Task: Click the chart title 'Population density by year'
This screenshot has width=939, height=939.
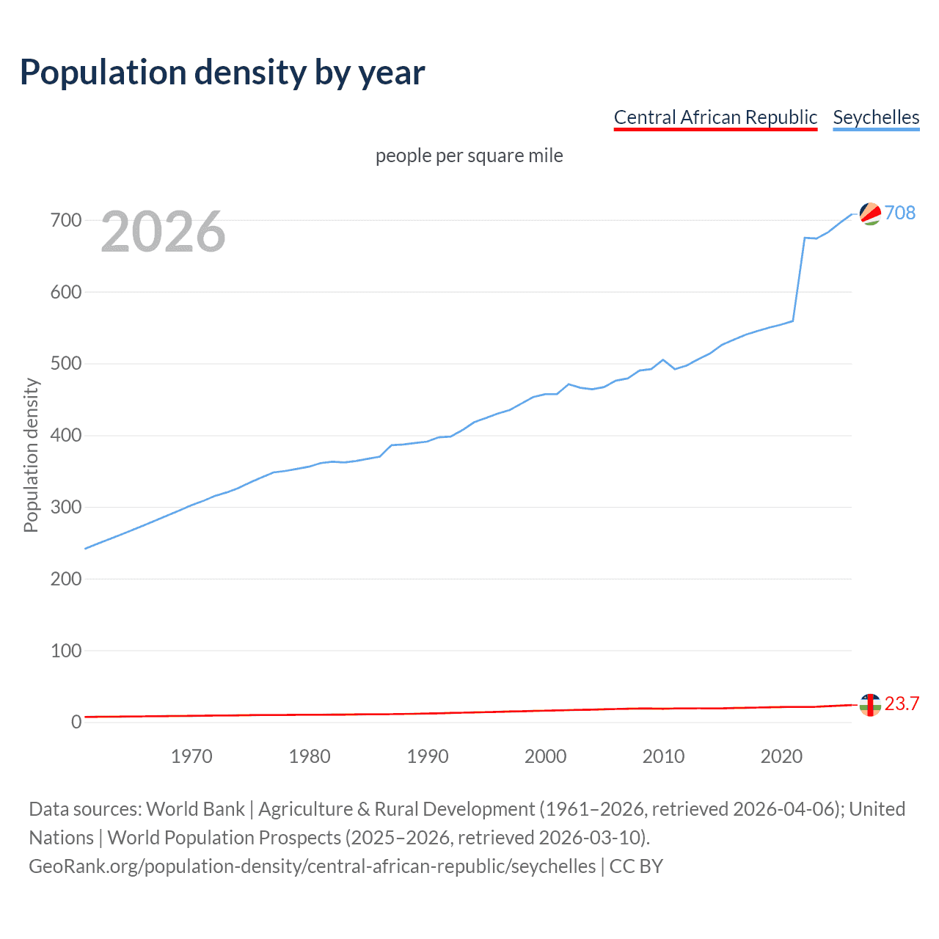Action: [222, 73]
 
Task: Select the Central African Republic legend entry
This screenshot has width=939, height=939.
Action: [715, 117]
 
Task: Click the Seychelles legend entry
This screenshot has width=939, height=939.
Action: [876, 117]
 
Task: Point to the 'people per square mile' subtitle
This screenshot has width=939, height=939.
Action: [469, 156]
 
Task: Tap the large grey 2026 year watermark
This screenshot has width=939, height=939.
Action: [163, 232]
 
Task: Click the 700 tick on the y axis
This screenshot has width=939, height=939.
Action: [66, 220]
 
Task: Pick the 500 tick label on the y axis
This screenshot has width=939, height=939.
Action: [66, 364]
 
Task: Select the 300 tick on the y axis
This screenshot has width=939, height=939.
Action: [66, 507]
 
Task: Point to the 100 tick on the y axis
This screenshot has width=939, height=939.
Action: [66, 651]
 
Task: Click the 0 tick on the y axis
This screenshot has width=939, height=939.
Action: [76, 722]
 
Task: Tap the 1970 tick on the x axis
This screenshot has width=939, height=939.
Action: [191, 756]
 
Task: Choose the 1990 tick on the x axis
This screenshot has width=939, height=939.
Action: [428, 756]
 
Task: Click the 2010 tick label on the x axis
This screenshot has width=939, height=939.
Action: [663, 756]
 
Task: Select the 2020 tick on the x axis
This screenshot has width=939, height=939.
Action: [781, 756]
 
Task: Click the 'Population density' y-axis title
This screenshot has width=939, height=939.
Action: [31, 455]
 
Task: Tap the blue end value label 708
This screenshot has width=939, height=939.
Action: [900, 213]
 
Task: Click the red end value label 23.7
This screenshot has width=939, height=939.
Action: [902, 704]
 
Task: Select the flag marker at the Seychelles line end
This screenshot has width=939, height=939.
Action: [870, 213]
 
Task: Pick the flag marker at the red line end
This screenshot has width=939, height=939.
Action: [870, 704]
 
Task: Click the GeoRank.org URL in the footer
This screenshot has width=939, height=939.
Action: [312, 866]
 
